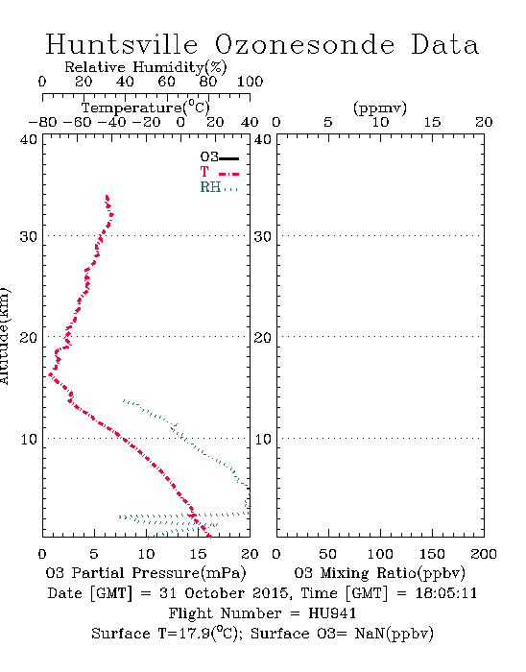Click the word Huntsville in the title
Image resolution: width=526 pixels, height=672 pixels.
[x=122, y=44]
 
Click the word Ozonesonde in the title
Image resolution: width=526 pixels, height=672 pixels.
[x=304, y=44]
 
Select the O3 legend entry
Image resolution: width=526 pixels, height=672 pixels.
[x=219, y=157]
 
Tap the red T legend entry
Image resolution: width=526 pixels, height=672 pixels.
[x=219, y=172]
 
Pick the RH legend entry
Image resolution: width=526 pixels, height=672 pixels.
[x=219, y=187]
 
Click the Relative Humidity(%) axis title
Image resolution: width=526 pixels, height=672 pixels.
[x=146, y=67]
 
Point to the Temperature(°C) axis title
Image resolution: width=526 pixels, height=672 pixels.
[x=146, y=108]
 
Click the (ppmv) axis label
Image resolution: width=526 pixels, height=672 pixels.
[x=380, y=108]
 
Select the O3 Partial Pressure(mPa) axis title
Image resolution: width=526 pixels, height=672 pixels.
[x=146, y=573]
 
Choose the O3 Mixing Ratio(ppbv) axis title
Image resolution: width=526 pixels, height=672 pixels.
[x=379, y=573]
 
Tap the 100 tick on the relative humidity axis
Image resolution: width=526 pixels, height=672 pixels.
[x=251, y=82]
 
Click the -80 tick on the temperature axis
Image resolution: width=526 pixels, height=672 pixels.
[x=42, y=122]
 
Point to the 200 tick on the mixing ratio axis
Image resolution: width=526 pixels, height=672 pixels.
[x=484, y=554]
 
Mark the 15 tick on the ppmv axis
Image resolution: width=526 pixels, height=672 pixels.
[x=432, y=122]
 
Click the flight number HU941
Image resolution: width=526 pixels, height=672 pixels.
[x=332, y=613]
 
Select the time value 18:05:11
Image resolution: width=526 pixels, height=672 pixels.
[x=446, y=593]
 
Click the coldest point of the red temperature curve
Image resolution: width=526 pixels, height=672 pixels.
[x=50, y=374]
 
